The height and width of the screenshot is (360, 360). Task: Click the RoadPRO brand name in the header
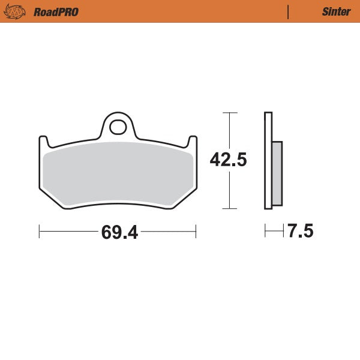[x=56, y=11]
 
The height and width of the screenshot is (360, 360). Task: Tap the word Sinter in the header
[x=336, y=11]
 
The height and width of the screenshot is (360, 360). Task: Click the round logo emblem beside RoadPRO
[x=15, y=11]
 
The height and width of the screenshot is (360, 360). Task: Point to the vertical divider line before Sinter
[x=289, y=11]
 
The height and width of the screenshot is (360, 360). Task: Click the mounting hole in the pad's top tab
[x=118, y=127]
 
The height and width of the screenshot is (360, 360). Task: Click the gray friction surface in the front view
[x=118, y=174]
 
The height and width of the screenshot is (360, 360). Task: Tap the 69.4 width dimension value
[x=119, y=232]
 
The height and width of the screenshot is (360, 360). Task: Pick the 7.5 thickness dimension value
[x=300, y=231]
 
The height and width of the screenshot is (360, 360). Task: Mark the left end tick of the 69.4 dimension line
[x=40, y=231]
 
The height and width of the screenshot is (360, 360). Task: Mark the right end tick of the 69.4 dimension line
[x=196, y=231]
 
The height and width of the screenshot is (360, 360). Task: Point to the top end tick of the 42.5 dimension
[x=229, y=112]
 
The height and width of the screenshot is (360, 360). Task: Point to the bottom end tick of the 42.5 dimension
[x=229, y=209]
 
